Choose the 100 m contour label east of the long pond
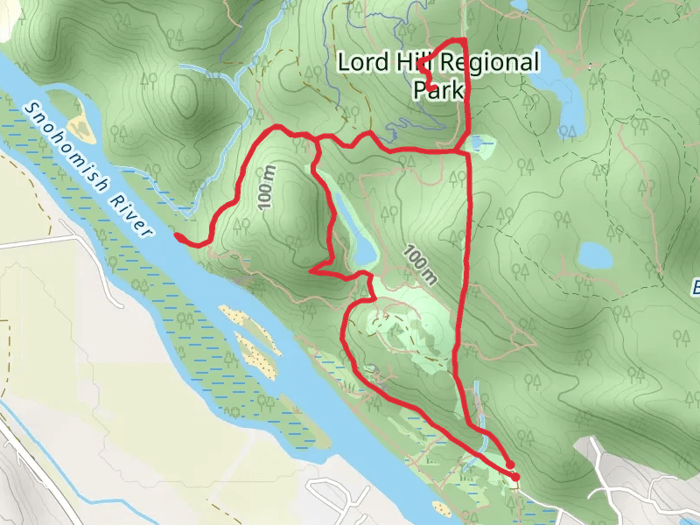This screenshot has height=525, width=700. pos(420,265)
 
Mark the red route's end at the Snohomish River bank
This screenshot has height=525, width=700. pos(178,236)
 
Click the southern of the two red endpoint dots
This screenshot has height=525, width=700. pos(515,477)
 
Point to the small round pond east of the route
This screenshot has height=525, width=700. pos(595,255)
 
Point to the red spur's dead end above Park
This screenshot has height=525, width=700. pos(421,64)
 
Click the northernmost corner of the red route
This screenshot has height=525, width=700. pos(462,41)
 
